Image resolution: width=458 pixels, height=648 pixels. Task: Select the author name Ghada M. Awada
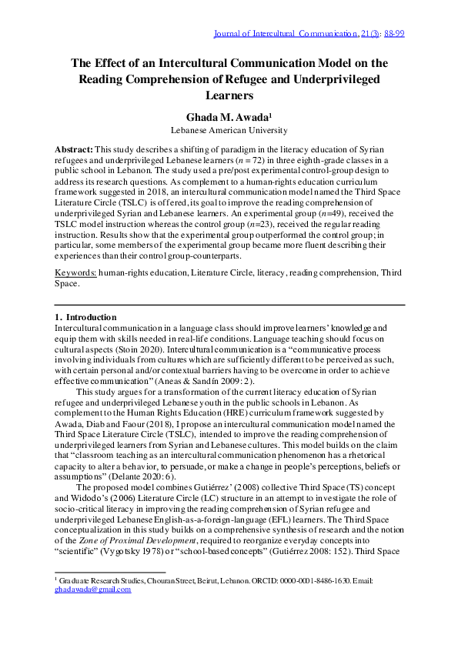pyautogui.click(x=229, y=117)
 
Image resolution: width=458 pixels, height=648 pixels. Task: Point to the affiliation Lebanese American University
pyautogui.click(x=229, y=130)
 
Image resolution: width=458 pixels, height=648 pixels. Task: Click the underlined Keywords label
pyautogui.click(x=75, y=273)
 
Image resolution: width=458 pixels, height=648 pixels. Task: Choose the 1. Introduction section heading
pyautogui.click(x=85, y=317)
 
